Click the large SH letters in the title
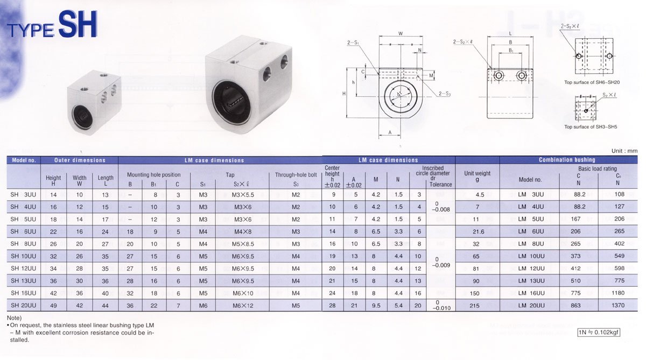coord(78,24)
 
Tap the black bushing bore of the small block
coord(82,116)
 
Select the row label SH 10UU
coord(23,256)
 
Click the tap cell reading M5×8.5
coord(243,244)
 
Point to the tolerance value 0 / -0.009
coord(441,262)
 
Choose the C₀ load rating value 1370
coord(618,305)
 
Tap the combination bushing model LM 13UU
coord(531,281)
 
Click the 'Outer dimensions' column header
coord(80,160)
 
